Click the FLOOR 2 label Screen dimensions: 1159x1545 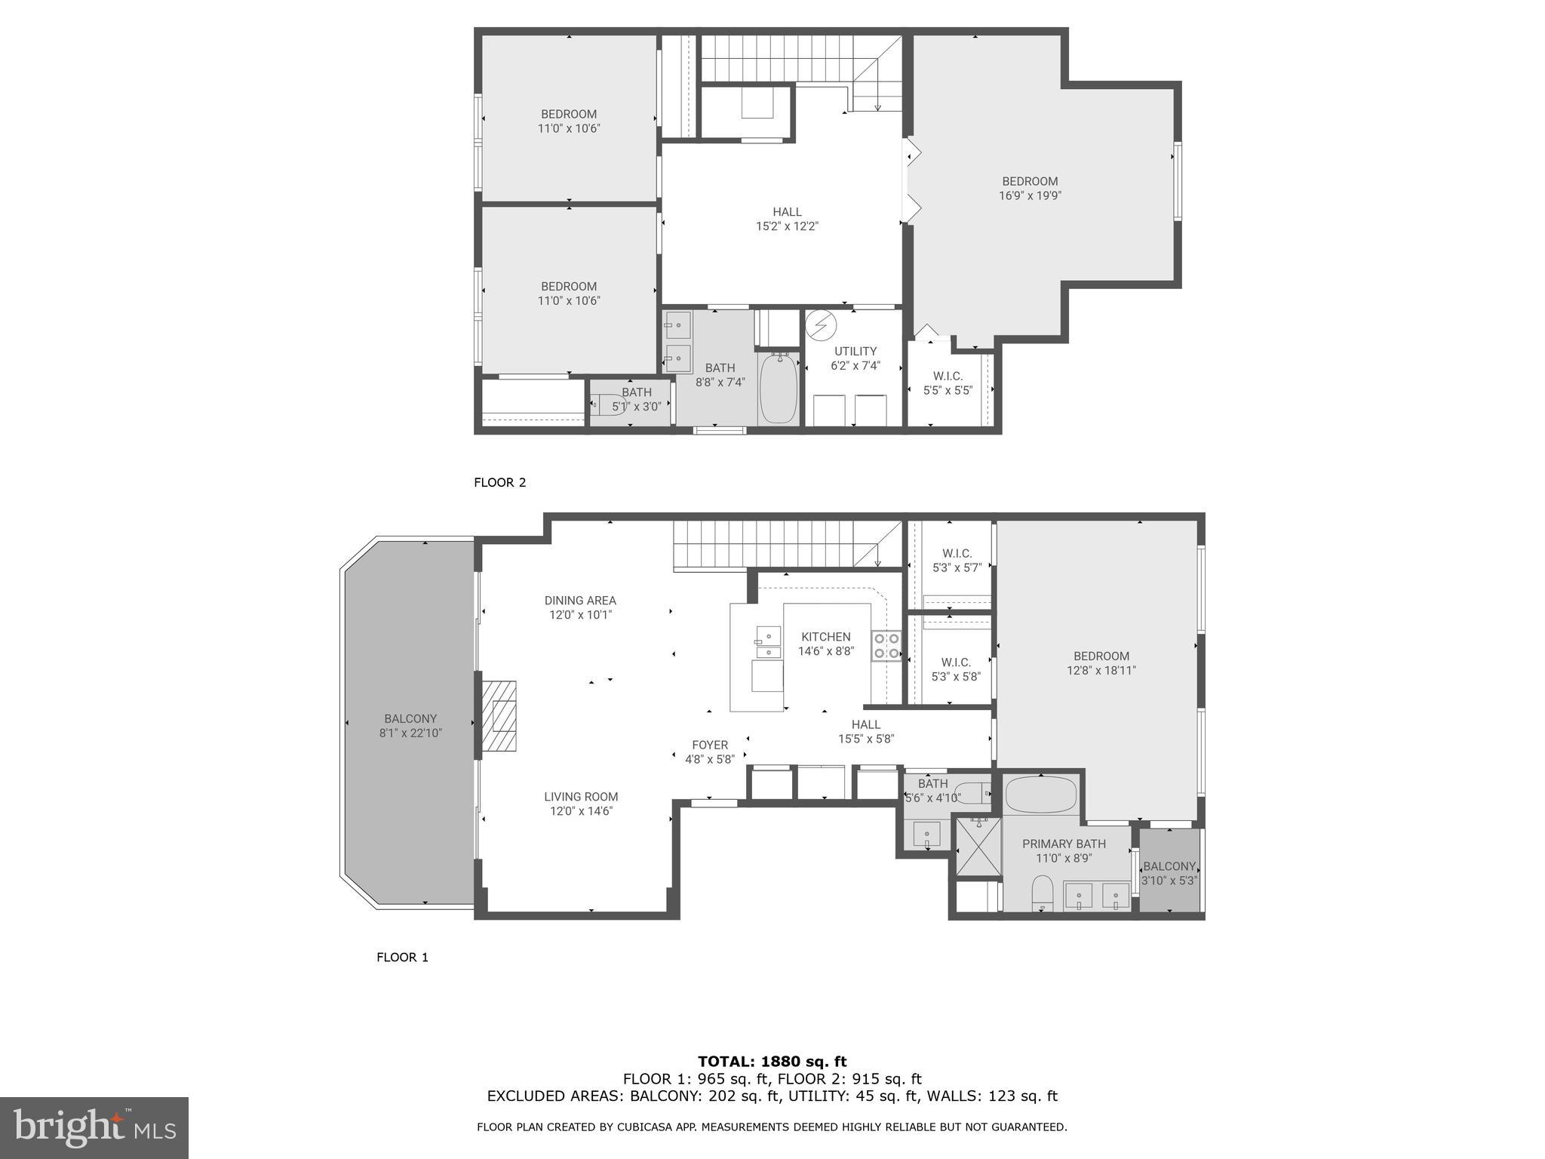[499, 482]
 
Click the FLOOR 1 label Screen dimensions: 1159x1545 [402, 957]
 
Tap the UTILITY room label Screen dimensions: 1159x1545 [855, 351]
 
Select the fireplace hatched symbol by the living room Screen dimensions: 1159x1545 [499, 715]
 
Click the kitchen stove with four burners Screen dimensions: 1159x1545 [886, 645]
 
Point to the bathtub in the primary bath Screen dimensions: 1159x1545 [1041, 794]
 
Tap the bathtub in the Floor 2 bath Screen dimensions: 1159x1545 [779, 389]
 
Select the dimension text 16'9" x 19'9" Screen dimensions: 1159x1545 [1030, 195]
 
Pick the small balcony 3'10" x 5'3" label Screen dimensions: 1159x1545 [1169, 873]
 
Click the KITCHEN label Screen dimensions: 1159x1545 [825, 637]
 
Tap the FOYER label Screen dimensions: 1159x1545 [710, 745]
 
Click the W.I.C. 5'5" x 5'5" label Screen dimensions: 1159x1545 [948, 383]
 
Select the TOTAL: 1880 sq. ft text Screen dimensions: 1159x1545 [772, 1062]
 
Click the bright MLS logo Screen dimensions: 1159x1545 [94, 1127]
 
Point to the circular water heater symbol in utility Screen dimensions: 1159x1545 [821, 325]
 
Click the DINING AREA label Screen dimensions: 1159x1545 [580, 601]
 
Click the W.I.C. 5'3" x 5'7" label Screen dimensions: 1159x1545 [957, 560]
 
